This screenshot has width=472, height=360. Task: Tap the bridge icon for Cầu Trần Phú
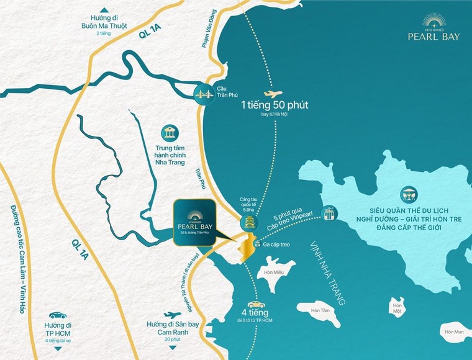pos(202,94)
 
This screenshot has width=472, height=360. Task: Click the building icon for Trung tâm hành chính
pos(168,133)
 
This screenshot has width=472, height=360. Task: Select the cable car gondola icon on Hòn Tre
pos(327,214)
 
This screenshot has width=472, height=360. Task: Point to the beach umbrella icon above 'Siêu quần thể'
pos(409,194)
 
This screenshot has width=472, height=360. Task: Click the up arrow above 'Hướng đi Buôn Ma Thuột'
pos(108,8)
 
